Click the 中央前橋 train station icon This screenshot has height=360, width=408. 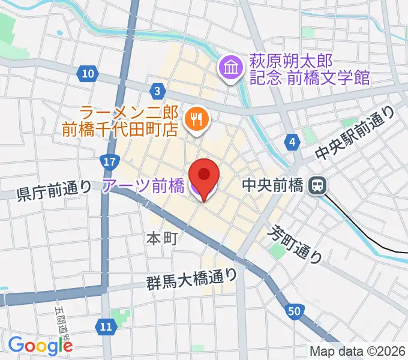point(317,186)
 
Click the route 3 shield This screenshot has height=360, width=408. point(157,91)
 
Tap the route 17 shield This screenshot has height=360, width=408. point(109,161)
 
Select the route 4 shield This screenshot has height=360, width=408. point(292,142)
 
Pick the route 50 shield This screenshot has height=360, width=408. point(293,311)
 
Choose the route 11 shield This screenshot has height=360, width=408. point(106,327)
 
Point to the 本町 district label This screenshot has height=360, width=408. point(162,238)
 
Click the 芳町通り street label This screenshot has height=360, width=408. point(295,244)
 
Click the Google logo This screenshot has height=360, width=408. point(40,345)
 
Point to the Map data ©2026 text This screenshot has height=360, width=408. point(357,351)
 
